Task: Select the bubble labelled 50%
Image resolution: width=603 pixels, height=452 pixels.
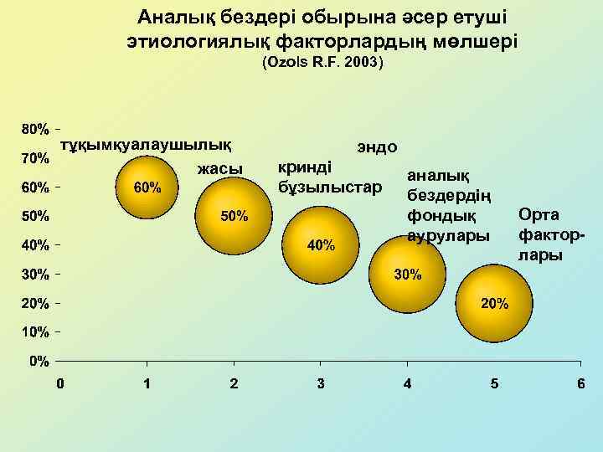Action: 234,216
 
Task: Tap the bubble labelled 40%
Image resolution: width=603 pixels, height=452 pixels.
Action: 321,245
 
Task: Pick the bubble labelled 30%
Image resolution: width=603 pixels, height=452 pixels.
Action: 408,275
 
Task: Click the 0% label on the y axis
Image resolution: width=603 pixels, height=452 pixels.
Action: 39,361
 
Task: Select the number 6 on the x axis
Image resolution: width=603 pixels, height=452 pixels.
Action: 580,383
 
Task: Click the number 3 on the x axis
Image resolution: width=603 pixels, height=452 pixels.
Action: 321,383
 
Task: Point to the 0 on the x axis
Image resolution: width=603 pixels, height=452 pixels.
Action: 59,383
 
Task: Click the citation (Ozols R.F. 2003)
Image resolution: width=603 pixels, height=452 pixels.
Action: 322,63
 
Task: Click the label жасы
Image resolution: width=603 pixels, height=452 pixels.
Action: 219,169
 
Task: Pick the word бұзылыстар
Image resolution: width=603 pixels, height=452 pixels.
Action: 329,183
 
